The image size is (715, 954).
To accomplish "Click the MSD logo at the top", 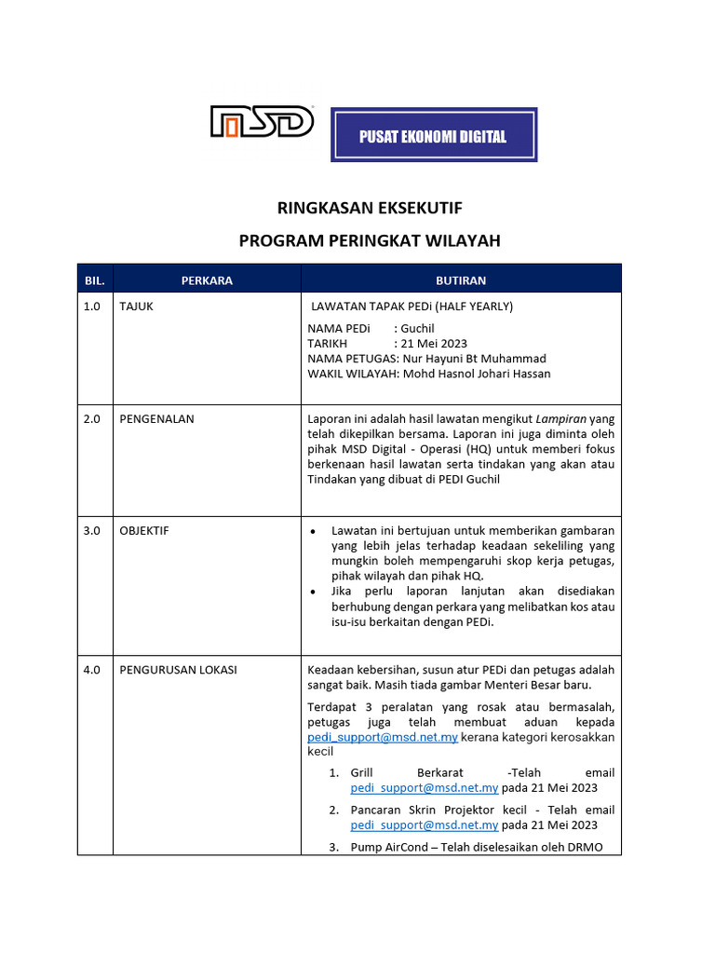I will pos(261,122).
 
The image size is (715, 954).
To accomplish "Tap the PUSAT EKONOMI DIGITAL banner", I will pos(434,136).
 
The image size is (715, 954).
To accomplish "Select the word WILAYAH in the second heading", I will pos(461,240).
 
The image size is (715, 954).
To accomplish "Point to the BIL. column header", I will pos(95,279).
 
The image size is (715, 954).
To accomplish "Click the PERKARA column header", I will pos(207,279).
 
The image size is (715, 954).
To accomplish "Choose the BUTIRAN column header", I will pos(461,279).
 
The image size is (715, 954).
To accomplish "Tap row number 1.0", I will pos(91,306).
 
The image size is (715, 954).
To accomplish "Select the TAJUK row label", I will pos(137,306).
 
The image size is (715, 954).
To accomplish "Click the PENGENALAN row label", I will pos(157,418).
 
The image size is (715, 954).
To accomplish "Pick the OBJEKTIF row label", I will pos(144,530).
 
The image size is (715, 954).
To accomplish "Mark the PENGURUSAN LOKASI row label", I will pos(179,669).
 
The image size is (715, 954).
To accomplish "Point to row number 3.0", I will pos(91,530).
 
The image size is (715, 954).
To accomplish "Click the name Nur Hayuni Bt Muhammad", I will pos(474,358).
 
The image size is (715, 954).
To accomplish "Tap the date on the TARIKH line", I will pos(434,343).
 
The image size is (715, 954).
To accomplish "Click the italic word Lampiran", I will pos(560,418).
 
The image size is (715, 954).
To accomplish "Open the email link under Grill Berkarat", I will pos(425,787).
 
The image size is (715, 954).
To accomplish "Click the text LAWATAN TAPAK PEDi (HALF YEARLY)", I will pos(412,306).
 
